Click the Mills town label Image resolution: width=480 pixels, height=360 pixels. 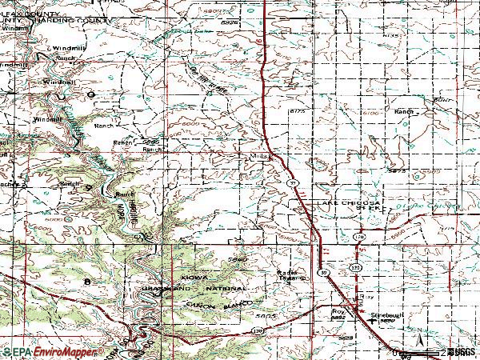[258, 156]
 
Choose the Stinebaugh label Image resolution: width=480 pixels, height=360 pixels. [384, 315]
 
